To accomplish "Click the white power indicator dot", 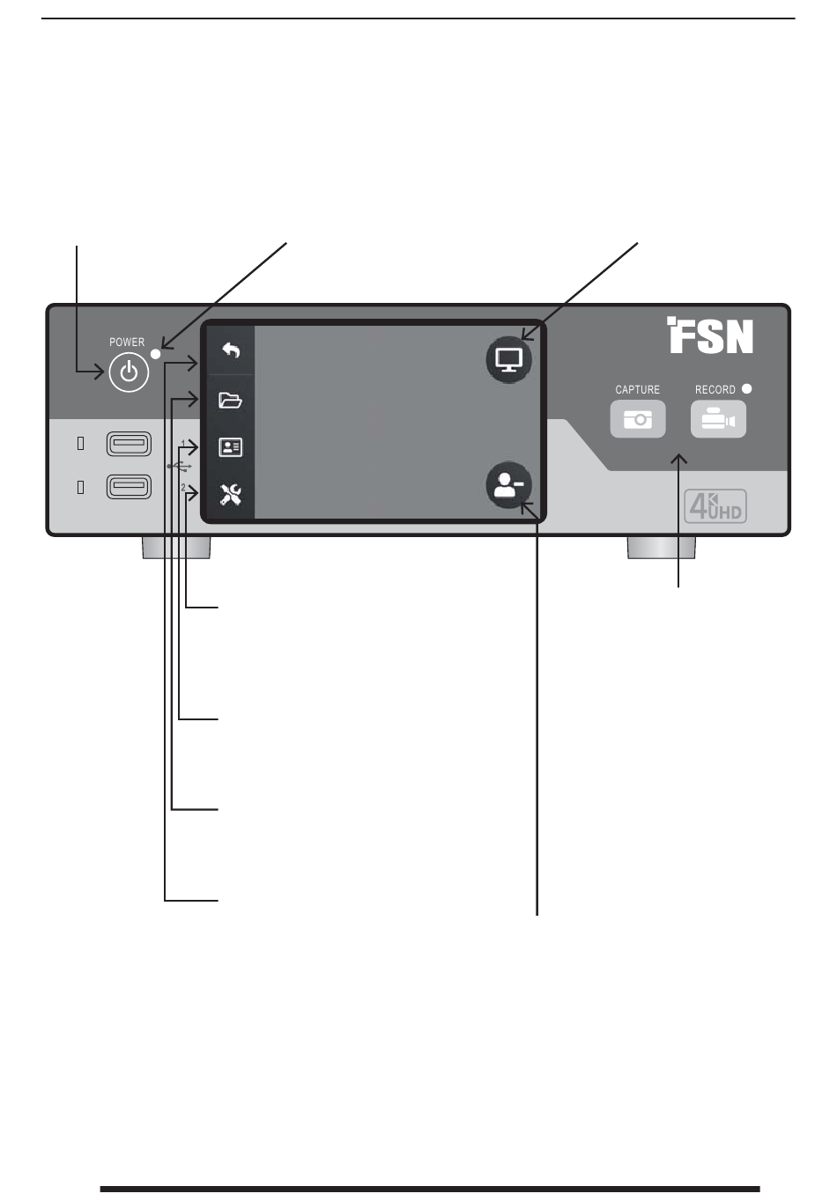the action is [x=156, y=354].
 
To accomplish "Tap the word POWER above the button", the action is [x=127, y=342].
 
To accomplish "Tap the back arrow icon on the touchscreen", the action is [x=231, y=350].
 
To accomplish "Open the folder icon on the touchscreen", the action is [x=230, y=400].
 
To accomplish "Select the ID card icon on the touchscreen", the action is [x=230, y=447].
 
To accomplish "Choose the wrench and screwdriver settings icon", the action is [x=230, y=494].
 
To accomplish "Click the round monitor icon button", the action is [x=508, y=359].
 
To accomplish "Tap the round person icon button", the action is [x=508, y=484].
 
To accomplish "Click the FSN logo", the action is [x=709, y=335].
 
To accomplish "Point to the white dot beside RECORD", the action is [x=746, y=388].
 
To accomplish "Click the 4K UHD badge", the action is [x=715, y=506].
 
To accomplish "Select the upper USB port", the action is [x=129, y=444].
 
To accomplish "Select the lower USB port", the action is [x=129, y=487].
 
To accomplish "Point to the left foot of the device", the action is [x=176, y=548].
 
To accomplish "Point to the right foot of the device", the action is [x=661, y=548].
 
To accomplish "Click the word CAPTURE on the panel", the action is [x=637, y=390].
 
